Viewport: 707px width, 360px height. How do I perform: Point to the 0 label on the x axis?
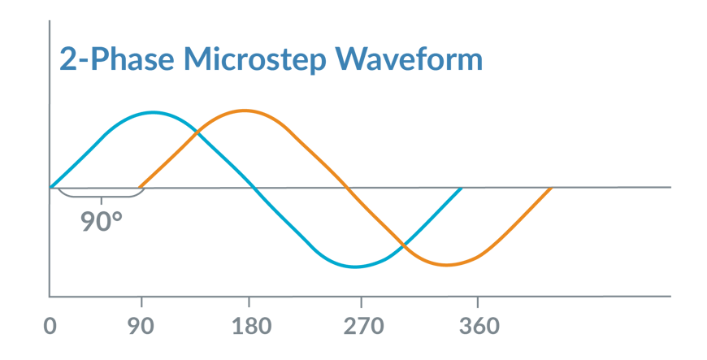(50, 327)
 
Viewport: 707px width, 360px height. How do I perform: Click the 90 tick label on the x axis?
(141, 327)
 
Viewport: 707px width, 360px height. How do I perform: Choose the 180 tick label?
(249, 327)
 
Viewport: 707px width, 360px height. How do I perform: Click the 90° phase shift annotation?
(102, 220)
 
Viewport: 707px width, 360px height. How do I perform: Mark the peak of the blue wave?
(153, 111)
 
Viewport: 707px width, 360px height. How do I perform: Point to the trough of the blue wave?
(356, 267)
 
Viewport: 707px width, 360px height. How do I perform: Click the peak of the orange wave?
(242, 110)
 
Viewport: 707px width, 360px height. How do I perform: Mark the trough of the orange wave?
(445, 265)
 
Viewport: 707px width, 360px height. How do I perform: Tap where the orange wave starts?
(141, 187)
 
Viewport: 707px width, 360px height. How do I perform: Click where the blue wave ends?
(461, 188)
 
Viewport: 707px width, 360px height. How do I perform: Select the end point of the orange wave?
(552, 188)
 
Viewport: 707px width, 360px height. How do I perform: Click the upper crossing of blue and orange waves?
(197, 130)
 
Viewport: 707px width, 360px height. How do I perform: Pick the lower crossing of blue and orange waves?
(402, 245)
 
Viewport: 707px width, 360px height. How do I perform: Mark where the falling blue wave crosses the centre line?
(255, 188)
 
